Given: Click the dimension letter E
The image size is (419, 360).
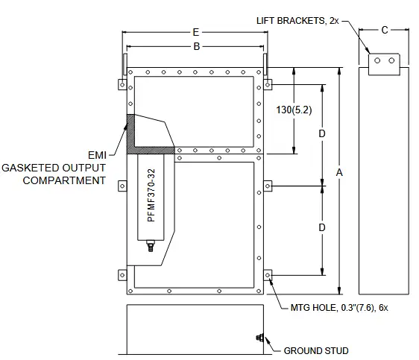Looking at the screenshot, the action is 196,32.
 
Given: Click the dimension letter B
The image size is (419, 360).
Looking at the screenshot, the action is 197,46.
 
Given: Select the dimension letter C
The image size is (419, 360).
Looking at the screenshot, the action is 385,30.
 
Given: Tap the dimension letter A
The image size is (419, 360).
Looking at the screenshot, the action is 339,172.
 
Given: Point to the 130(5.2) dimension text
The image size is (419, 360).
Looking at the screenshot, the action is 294,110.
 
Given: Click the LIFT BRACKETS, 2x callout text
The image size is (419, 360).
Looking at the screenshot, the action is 297,21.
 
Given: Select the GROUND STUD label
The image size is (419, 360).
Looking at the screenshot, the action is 316,350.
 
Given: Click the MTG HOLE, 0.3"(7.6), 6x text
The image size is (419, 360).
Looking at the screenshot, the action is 339,308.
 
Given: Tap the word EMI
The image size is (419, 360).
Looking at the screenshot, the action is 97,155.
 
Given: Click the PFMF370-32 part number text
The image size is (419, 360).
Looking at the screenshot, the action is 151,195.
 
